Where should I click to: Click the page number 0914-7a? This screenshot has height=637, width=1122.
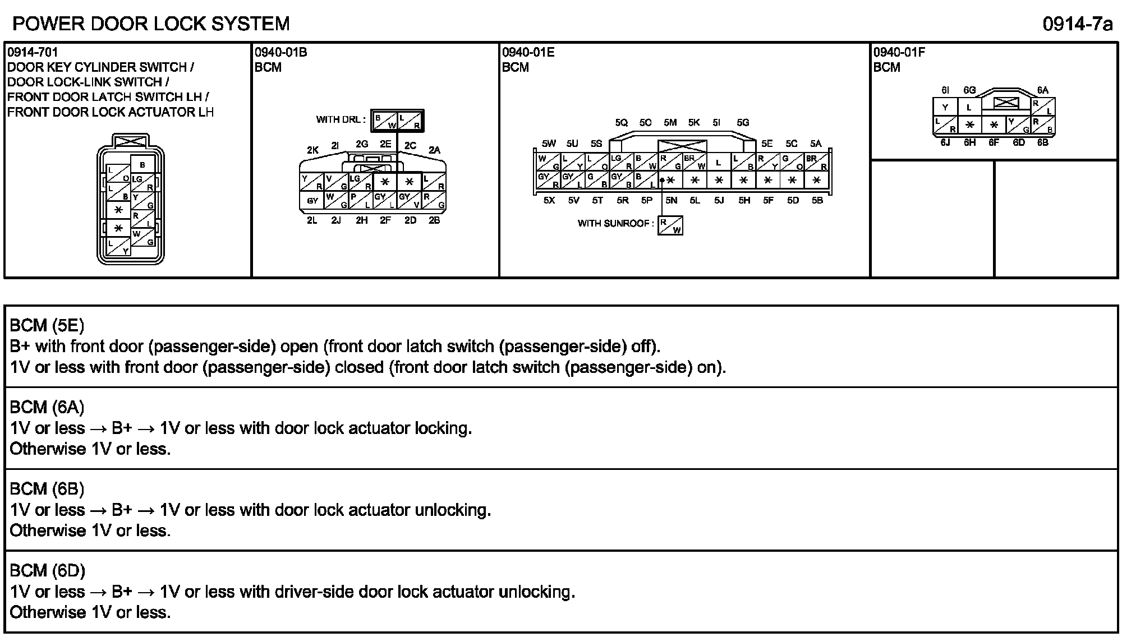(x=1077, y=25)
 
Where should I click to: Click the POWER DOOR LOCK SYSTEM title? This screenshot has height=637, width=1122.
(x=151, y=24)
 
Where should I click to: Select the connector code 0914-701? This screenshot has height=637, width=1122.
(x=33, y=53)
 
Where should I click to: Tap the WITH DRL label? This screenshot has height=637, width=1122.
(x=341, y=119)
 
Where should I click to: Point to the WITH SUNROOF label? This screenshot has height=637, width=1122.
(x=615, y=223)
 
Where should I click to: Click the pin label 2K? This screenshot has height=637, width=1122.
(x=312, y=150)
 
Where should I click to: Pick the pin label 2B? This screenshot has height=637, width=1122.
(x=434, y=220)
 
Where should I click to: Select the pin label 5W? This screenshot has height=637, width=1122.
(x=549, y=144)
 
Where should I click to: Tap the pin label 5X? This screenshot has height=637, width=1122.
(x=549, y=200)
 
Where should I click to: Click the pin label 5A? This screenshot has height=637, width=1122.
(x=815, y=144)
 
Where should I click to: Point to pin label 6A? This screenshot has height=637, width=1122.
(x=1042, y=90)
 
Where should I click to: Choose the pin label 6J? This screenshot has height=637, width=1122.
(x=945, y=142)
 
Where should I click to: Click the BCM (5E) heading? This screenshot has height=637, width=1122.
(x=47, y=325)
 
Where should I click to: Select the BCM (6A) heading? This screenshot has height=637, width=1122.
(x=47, y=407)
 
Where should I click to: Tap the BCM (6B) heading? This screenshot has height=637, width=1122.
(x=47, y=489)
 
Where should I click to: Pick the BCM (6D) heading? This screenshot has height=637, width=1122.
(x=48, y=571)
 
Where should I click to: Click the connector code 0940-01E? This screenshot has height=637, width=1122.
(x=528, y=53)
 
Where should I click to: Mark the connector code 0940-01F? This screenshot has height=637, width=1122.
(x=899, y=53)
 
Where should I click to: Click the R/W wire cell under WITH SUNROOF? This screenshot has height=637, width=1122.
(x=670, y=225)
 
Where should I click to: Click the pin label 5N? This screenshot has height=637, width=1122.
(x=671, y=200)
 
